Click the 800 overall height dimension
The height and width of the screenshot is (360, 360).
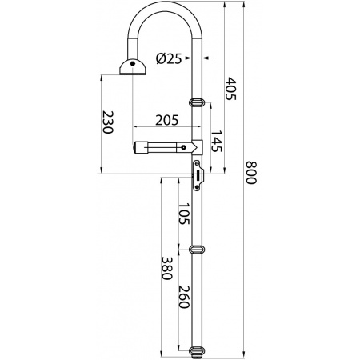pyautogui.click(x=251, y=173)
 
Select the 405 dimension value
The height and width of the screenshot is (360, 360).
pyautogui.click(x=231, y=89)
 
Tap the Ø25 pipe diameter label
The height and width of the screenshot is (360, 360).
pyautogui.click(x=169, y=58)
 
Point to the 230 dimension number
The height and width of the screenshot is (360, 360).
pyautogui.click(x=108, y=122)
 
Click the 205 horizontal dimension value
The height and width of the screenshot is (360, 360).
pyautogui.click(x=167, y=120)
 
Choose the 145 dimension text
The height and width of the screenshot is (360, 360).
pyautogui.click(x=217, y=141)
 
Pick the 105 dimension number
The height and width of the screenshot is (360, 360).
pyautogui.click(x=184, y=214)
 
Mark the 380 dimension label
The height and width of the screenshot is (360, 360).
pyautogui.click(x=167, y=268)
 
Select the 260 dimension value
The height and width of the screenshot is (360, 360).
pyautogui.click(x=184, y=297)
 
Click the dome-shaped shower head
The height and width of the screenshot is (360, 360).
pyautogui.click(x=133, y=67)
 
